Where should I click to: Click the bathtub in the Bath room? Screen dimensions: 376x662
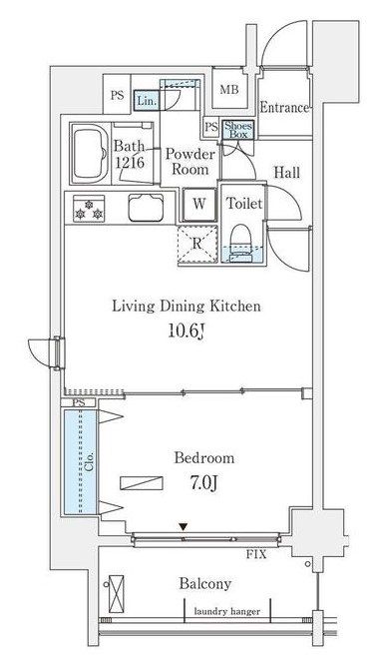click(x=89, y=154)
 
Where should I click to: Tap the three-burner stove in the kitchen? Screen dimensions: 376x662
click(x=89, y=208)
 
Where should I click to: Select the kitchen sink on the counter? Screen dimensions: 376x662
click(x=146, y=208)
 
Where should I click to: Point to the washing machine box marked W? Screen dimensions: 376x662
click(x=199, y=205)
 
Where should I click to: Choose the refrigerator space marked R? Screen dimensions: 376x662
click(x=197, y=245)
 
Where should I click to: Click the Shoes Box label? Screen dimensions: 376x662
click(x=238, y=129)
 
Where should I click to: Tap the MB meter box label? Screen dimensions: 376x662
click(x=229, y=90)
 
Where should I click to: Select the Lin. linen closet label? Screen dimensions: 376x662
click(x=147, y=101)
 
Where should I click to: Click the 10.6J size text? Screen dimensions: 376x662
click(x=187, y=331)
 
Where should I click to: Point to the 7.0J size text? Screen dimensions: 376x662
click(x=203, y=483)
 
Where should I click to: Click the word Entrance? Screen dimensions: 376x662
click(x=284, y=108)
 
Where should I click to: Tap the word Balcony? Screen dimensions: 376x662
click(x=205, y=584)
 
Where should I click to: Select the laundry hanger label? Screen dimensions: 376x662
click(x=226, y=611)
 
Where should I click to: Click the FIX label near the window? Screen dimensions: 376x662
click(x=256, y=554)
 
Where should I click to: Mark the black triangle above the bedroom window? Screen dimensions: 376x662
click(x=183, y=527)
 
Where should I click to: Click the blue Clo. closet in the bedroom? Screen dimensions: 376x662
click(x=81, y=462)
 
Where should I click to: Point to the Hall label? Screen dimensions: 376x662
click(x=287, y=173)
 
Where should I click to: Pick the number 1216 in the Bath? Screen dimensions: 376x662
click(x=130, y=162)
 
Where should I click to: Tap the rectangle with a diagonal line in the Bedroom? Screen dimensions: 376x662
click(x=142, y=483)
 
